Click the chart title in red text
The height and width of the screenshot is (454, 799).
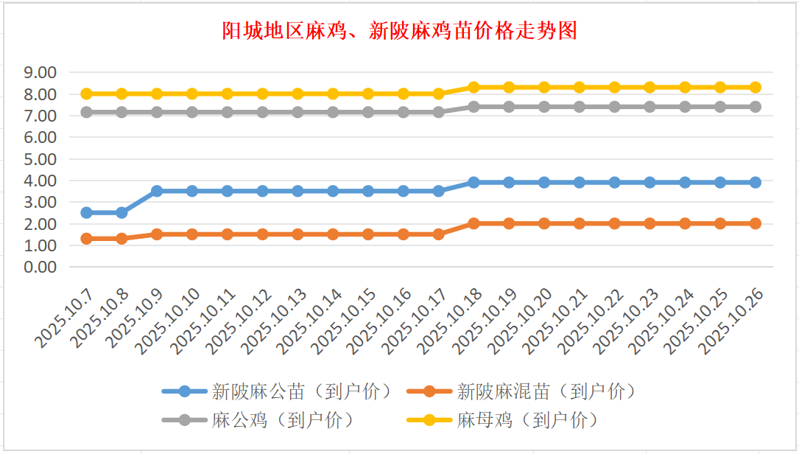click(399, 31)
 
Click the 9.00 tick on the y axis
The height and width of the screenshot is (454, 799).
click(41, 72)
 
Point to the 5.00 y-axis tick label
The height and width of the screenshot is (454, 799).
click(41, 158)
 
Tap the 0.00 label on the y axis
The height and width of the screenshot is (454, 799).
click(41, 267)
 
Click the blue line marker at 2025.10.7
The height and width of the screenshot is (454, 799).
click(86, 212)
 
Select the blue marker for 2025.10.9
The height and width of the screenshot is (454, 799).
click(157, 191)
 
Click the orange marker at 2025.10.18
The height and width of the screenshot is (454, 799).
click(474, 223)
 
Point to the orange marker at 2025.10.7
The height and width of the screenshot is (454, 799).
click(86, 239)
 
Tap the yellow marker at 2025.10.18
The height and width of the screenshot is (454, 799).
click(474, 87)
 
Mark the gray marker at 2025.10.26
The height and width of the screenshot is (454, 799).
click(756, 107)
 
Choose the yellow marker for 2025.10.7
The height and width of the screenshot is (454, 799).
click(86, 94)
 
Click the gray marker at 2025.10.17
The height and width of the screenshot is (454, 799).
click(438, 112)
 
